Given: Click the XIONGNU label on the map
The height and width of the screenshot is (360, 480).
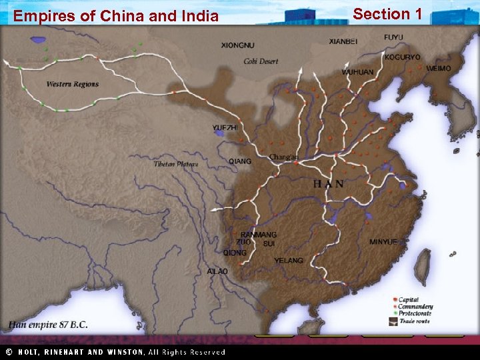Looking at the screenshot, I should click(x=237, y=45).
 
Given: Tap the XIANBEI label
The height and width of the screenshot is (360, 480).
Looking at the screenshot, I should click(x=343, y=41).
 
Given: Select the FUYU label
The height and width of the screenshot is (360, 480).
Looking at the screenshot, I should click(x=393, y=37).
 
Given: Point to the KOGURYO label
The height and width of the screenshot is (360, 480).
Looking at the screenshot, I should click(x=402, y=57).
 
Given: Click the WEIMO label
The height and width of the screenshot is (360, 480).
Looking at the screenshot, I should click(x=438, y=68).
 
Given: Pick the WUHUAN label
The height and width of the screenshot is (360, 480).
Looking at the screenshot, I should click(x=357, y=72).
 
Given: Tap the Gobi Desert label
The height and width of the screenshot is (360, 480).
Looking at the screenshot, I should click(x=261, y=61).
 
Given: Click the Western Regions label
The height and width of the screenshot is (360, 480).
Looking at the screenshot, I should click(x=72, y=84).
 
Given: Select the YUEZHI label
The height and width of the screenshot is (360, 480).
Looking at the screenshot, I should click(x=225, y=127).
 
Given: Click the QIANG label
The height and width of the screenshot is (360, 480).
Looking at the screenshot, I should click(x=240, y=161).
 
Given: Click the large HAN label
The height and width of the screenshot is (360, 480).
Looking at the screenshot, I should click(x=329, y=183).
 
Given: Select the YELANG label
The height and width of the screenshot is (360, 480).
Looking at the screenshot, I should click(x=289, y=261).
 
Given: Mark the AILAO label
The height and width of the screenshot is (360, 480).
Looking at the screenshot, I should click(x=217, y=271).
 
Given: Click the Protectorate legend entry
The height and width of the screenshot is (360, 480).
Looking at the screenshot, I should click(x=415, y=313).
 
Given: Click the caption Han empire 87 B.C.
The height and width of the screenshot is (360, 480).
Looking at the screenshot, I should click(x=48, y=325).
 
